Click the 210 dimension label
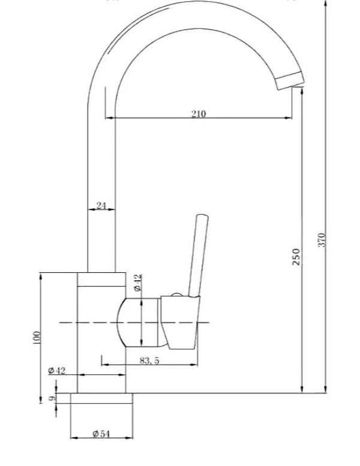pyautogui.click(x=198, y=113)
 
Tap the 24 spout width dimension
pyautogui.click(x=101, y=205)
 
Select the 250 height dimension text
pyautogui.click(x=296, y=257)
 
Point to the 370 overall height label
pyautogui.click(x=322, y=240)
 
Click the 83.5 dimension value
pyautogui.click(x=149, y=360)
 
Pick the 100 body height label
pyautogui.click(x=37, y=338)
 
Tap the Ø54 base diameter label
pyautogui.click(x=101, y=434)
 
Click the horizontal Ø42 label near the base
pyautogui.click(x=57, y=371)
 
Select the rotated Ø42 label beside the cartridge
pyautogui.click(x=138, y=282)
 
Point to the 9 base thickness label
pyautogui.click(x=52, y=398)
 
